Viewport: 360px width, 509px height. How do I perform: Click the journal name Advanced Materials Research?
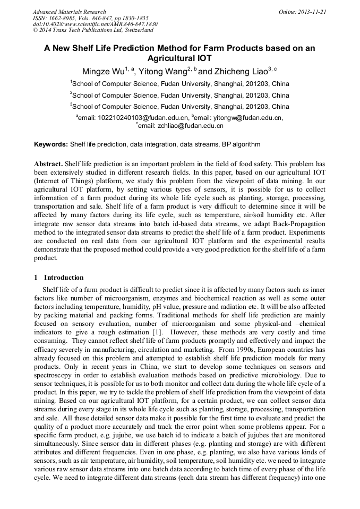coord(69,12)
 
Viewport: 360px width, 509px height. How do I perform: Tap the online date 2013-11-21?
coord(312,12)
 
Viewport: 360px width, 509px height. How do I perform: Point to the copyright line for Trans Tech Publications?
coord(93,30)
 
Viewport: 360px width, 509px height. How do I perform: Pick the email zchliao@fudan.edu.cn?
coord(183,126)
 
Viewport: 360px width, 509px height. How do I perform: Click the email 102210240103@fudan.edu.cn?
coord(141,118)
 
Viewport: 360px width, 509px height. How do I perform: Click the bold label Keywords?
coord(51,144)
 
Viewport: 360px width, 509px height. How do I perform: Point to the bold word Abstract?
coord(48,163)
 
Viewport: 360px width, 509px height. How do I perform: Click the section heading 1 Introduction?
coord(59,278)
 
